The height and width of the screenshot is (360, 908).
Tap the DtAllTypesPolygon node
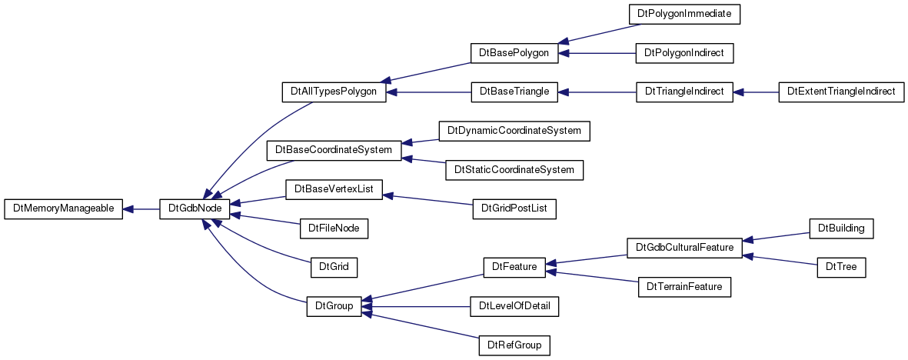[334, 92]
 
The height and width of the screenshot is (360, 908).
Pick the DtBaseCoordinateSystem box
[334, 150]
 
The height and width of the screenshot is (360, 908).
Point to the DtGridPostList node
[514, 208]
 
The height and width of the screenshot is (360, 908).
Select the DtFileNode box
[334, 228]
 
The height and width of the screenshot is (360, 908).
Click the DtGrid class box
[334, 267]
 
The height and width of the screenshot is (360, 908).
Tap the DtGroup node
[334, 306]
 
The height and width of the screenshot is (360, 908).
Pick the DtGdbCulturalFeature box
[684, 248]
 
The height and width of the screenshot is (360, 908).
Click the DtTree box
[841, 267]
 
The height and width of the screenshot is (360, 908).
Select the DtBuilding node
[841, 228]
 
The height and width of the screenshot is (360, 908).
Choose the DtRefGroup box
[514, 345]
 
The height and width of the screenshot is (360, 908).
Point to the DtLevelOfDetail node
[514, 306]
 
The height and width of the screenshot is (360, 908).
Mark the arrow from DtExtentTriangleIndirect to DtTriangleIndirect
[756, 92]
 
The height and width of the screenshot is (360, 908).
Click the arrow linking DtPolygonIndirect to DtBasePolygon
[597, 53]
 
